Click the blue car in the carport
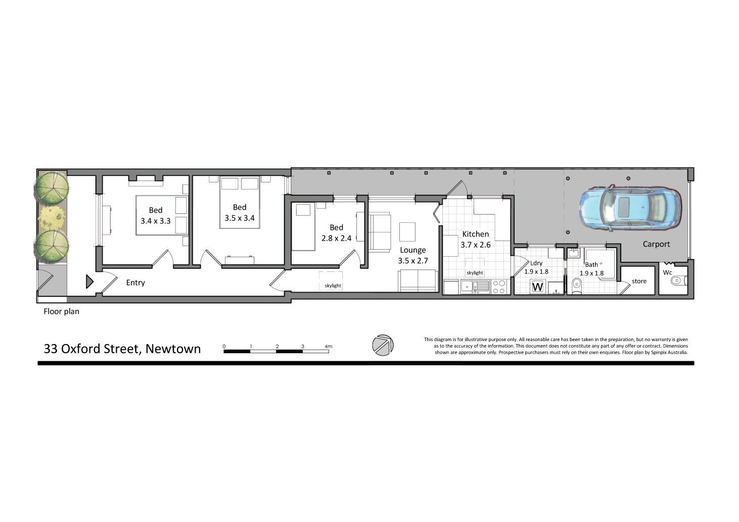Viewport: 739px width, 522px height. tap(630, 208)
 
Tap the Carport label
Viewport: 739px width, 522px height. tap(656, 244)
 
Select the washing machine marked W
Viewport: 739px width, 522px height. tap(537, 287)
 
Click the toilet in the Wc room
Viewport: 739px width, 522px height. tap(677, 280)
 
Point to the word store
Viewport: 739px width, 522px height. tap(639, 281)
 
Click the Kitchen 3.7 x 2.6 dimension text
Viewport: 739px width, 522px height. tap(475, 245)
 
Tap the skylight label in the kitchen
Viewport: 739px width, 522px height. tap(475, 273)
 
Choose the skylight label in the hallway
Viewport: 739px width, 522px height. tap(333, 286)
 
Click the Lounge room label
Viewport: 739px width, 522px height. tap(412, 250)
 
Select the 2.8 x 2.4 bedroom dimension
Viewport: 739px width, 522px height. tap(336, 239)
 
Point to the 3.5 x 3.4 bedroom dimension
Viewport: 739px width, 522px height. tap(240, 218)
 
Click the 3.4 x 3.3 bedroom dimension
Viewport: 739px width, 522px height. tap(155, 221)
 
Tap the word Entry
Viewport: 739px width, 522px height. tap(135, 283)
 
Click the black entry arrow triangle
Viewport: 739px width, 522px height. tap(89, 281)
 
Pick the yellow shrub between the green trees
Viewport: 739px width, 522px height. tap(51, 217)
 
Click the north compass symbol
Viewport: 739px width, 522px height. tap(383, 345)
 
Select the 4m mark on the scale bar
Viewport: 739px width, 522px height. tap(329, 347)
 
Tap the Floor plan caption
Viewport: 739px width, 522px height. tap(61, 311)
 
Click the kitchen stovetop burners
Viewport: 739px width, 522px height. tap(499, 287)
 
